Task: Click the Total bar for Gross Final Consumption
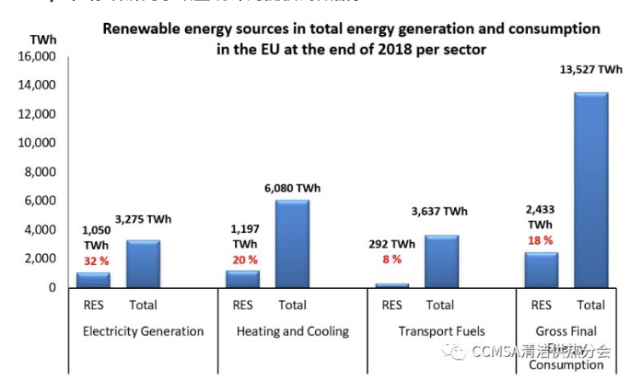tap(590, 190)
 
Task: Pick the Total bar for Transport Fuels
tap(441, 261)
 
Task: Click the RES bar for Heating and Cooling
tap(243, 279)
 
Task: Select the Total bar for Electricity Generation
tap(143, 264)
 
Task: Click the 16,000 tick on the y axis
tap(37, 57)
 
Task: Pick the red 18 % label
tap(540, 239)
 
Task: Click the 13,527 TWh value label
tap(591, 69)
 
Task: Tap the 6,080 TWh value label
tap(293, 187)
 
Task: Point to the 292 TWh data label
tap(390, 244)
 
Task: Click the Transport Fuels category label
tap(441, 330)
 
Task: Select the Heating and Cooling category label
tap(293, 330)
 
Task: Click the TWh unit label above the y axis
tap(41, 40)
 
